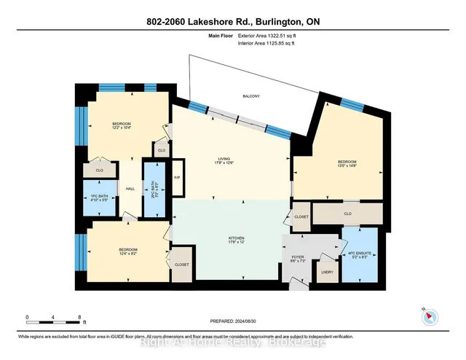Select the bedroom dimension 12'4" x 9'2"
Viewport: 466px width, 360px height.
[x=128, y=254]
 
